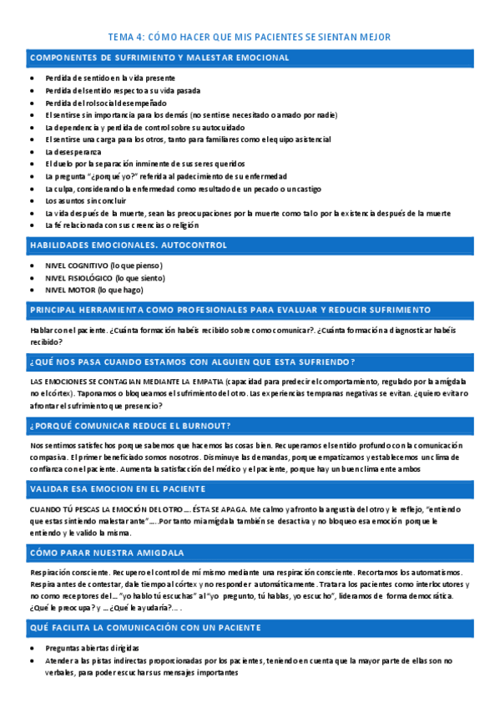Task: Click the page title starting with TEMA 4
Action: pyautogui.click(x=250, y=38)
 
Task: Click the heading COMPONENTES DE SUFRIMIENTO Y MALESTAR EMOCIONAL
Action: pyautogui.click(x=159, y=58)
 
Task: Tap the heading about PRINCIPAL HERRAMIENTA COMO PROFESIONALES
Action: pyautogui.click(x=230, y=310)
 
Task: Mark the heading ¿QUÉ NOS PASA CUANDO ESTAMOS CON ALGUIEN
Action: pyautogui.click(x=193, y=362)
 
